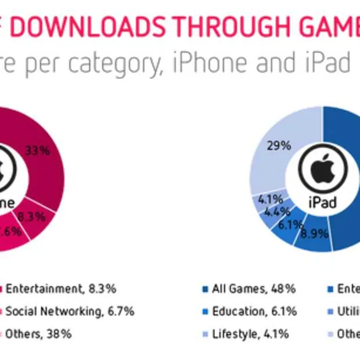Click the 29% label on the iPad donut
[279, 146]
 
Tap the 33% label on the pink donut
[37, 151]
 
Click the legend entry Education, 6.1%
[254, 311]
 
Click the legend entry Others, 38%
[38, 334]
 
